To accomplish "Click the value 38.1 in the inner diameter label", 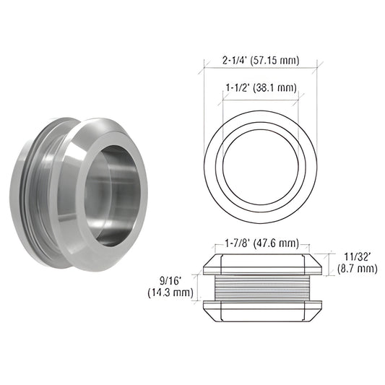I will (x=274, y=89).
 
